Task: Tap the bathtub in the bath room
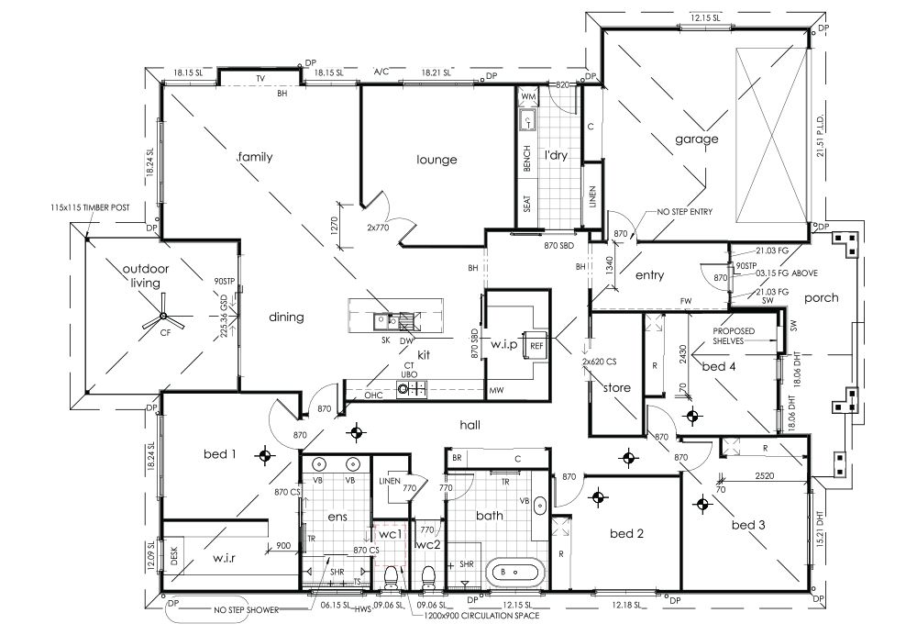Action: pyautogui.click(x=513, y=571)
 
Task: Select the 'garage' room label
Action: pyautogui.click(x=697, y=139)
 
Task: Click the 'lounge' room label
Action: pyautogui.click(x=436, y=160)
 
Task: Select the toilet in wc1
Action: pyautogui.click(x=392, y=576)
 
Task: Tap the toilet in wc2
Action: pyautogui.click(x=426, y=577)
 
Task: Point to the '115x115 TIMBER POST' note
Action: pyautogui.click(x=92, y=208)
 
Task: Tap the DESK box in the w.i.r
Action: pyautogui.click(x=174, y=556)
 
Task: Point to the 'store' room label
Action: pyautogui.click(x=616, y=387)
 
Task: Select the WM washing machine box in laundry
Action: pyautogui.click(x=528, y=96)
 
